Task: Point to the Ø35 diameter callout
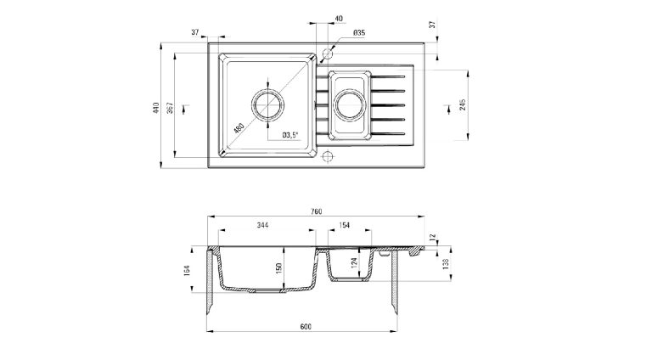click(x=358, y=33)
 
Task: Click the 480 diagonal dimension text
click(x=239, y=129)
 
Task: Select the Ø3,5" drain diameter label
click(x=290, y=134)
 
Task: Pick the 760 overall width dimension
click(x=316, y=212)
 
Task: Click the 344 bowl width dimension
click(x=262, y=225)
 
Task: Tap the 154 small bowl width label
click(x=345, y=225)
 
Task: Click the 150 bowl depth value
click(x=278, y=268)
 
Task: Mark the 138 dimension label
click(x=446, y=264)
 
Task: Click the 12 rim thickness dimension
click(x=433, y=238)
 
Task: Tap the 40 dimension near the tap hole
click(x=340, y=19)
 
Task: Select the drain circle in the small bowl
click(x=350, y=106)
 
